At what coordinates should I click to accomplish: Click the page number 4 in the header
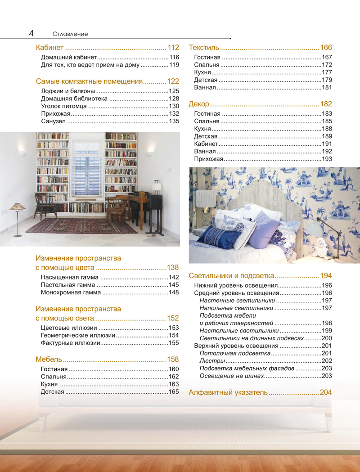pyautogui.click(x=31, y=33)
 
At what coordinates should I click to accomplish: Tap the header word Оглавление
pyautogui.click(x=70, y=34)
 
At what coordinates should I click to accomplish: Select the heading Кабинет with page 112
pyautogui.click(x=49, y=48)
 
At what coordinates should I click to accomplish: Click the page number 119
pyautogui.click(x=174, y=65)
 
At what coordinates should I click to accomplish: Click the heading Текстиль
pyautogui.click(x=204, y=48)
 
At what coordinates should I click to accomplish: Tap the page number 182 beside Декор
pyautogui.click(x=326, y=104)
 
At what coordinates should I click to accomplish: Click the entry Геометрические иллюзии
pyautogui.click(x=78, y=336)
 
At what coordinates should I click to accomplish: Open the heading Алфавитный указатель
pyautogui.click(x=228, y=392)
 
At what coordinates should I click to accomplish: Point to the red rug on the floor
pyautogui.click(x=81, y=225)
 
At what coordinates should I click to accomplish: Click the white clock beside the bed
pyautogui.click(x=323, y=244)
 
